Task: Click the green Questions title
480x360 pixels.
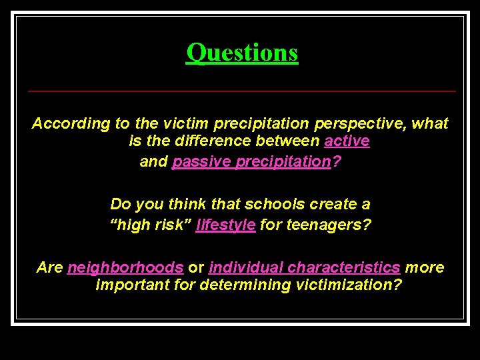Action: (x=242, y=52)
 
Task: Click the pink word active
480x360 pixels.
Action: (x=347, y=142)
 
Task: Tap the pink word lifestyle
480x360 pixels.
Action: (x=225, y=225)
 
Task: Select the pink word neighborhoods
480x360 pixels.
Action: (x=125, y=268)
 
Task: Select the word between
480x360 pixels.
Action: (x=288, y=142)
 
